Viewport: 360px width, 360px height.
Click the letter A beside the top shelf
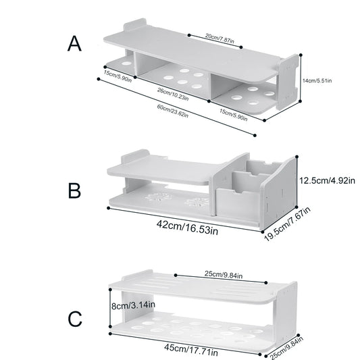click(74, 43)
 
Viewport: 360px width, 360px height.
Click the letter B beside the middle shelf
click(74, 190)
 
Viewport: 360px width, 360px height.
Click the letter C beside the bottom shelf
click(75, 319)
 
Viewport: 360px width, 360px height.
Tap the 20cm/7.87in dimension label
click(220, 38)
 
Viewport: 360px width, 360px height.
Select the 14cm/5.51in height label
click(317, 80)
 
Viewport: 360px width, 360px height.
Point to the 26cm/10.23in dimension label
click(173, 94)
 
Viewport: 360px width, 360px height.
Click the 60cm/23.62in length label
click(173, 111)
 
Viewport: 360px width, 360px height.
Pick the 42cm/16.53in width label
click(187, 227)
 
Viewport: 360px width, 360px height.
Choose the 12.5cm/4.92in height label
click(327, 181)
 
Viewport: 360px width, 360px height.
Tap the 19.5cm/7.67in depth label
click(288, 224)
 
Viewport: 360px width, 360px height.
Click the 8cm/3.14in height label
click(133, 305)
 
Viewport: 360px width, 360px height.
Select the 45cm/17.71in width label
click(191, 350)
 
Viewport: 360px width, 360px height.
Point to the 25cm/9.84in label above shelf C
click(224, 274)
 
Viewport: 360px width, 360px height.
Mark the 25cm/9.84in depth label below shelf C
click(286, 347)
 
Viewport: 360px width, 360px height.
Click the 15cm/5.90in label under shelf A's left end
click(118, 76)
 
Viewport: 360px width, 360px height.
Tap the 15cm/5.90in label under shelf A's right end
click(234, 115)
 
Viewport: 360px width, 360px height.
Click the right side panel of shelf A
click(288, 82)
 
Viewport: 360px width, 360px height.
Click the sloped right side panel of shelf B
click(278, 194)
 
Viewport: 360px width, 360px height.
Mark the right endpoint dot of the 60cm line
click(255, 136)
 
